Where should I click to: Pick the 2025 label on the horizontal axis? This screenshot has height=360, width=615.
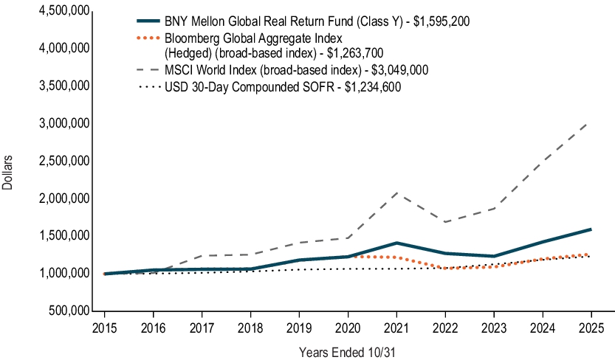(591, 326)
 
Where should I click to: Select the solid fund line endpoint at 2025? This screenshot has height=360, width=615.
(591, 229)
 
